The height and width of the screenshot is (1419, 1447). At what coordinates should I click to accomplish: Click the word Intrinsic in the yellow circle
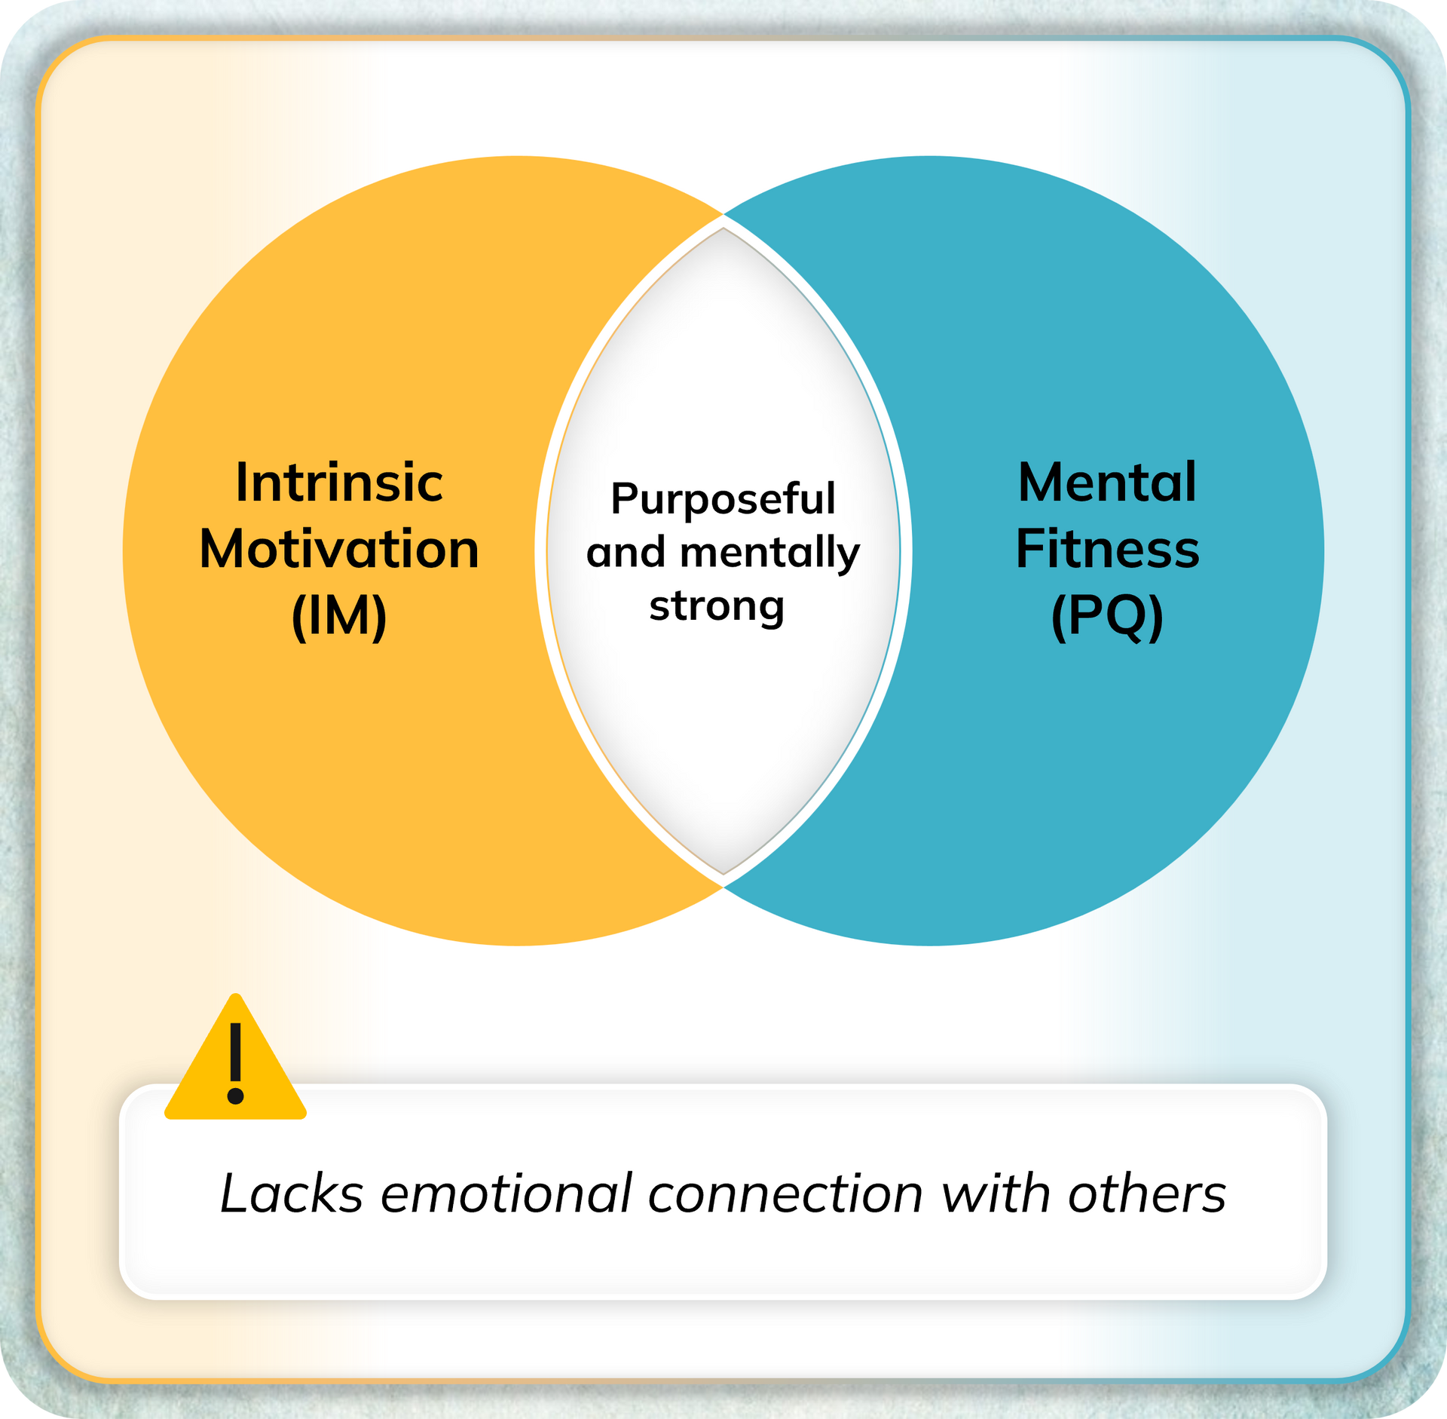pyautogui.click(x=338, y=482)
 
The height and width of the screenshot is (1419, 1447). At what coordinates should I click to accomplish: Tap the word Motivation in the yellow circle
pyautogui.click(x=338, y=548)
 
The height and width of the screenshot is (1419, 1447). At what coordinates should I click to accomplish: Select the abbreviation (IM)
pyautogui.click(x=338, y=616)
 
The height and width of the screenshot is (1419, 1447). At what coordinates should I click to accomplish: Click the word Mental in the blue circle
pyautogui.click(x=1106, y=482)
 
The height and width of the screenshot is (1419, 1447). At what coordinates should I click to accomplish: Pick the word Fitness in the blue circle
pyautogui.click(x=1106, y=548)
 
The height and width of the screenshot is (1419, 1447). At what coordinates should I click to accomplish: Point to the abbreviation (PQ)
pyautogui.click(x=1106, y=616)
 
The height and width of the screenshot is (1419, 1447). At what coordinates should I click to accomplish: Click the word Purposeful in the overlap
pyautogui.click(x=722, y=498)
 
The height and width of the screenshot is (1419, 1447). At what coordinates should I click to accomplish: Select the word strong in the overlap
pyautogui.click(x=716, y=605)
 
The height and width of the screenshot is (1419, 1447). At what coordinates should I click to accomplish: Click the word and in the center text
pyautogui.click(x=626, y=553)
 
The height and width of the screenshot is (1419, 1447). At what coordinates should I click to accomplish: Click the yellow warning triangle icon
pyautogui.click(x=235, y=1071)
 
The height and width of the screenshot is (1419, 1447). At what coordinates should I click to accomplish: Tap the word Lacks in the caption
pyautogui.click(x=292, y=1194)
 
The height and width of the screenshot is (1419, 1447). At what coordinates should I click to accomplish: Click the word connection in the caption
pyautogui.click(x=785, y=1194)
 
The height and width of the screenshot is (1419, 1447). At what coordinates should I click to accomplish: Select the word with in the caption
pyautogui.click(x=996, y=1194)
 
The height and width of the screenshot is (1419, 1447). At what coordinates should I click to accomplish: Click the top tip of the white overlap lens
pyautogui.click(x=723, y=229)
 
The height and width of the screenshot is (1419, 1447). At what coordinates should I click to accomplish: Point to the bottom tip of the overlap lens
pyautogui.click(x=723, y=872)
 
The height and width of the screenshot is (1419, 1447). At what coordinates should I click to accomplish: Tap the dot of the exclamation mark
pyautogui.click(x=235, y=1096)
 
